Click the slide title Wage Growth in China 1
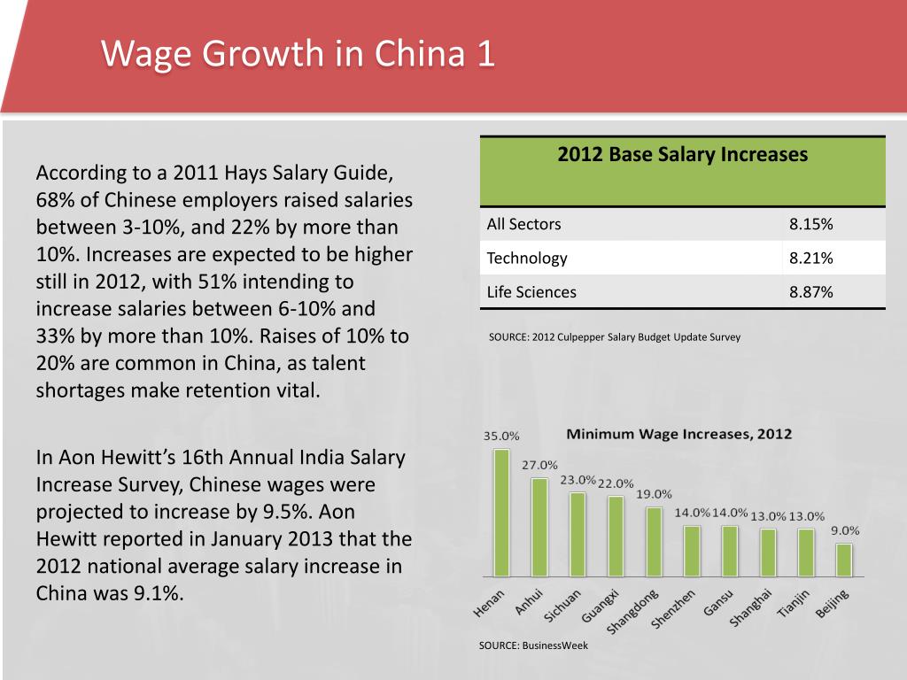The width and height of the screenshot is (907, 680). pyautogui.click(x=298, y=54)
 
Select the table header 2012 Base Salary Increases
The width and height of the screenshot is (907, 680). pyautogui.click(x=682, y=155)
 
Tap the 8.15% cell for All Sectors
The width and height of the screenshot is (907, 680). pyautogui.click(x=810, y=224)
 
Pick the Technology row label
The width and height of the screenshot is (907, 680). pyautogui.click(x=527, y=259)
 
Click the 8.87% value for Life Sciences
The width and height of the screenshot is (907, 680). pyautogui.click(x=810, y=292)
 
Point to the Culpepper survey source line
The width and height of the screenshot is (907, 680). pyautogui.click(x=614, y=337)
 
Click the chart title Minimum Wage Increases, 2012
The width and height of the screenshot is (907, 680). pyautogui.click(x=678, y=435)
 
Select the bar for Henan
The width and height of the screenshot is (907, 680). pyautogui.click(x=501, y=513)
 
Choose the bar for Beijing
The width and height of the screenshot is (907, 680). pyautogui.click(x=844, y=560)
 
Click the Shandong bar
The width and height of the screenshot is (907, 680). pyautogui.click(x=654, y=541)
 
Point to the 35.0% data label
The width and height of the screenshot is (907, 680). pyautogui.click(x=501, y=436)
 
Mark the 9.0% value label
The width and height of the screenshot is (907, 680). pyautogui.click(x=844, y=530)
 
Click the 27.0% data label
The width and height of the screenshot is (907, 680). pyautogui.click(x=539, y=465)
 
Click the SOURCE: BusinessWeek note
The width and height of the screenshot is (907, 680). pyautogui.click(x=533, y=645)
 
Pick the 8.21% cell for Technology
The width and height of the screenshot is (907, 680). pyautogui.click(x=810, y=259)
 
